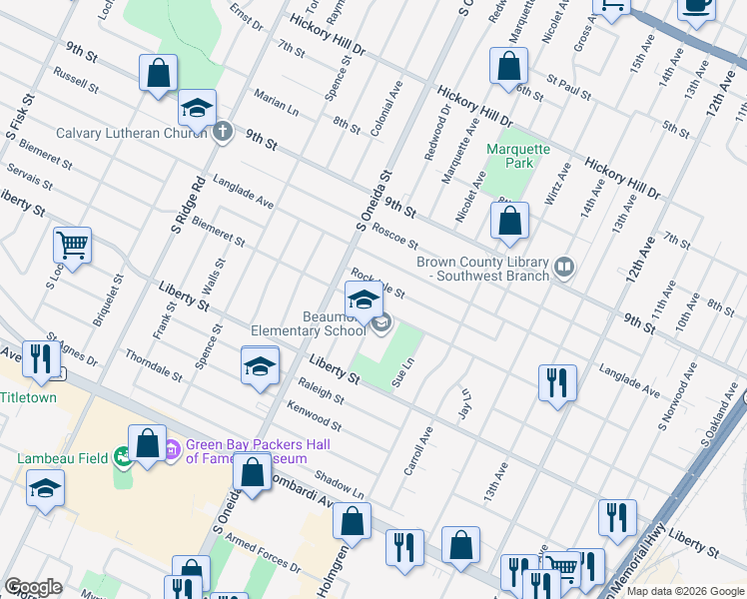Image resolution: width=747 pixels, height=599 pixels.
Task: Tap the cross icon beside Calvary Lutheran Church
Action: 222,132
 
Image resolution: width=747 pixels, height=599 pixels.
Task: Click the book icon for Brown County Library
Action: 564,267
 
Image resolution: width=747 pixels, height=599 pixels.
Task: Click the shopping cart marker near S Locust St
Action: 72,243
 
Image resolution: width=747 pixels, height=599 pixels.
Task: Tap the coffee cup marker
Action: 697,5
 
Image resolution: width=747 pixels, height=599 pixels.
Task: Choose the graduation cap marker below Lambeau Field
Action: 45,490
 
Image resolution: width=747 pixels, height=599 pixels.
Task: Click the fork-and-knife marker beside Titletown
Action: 40,358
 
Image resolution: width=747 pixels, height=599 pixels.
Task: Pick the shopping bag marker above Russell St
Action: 158,72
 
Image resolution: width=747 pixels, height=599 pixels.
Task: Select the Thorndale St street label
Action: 153,366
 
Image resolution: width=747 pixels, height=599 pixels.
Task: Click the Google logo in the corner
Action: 33,586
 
